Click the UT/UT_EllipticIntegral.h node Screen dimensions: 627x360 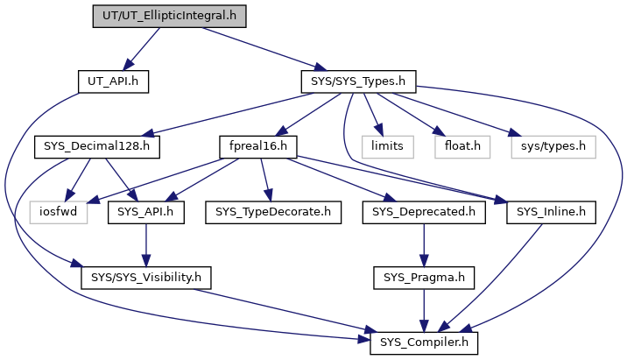tap(169, 17)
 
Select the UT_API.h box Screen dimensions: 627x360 tap(113, 81)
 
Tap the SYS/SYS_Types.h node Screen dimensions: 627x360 tap(358, 81)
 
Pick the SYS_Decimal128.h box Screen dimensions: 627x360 tap(97, 147)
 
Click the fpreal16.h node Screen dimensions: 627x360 tap(258, 147)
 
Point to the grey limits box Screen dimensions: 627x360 tap(387, 147)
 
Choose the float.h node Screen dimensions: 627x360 tap(462, 147)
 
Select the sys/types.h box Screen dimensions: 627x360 tap(553, 147)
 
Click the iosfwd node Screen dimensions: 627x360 tap(59, 212)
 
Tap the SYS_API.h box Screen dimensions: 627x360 tap(146, 212)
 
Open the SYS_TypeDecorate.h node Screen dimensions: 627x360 tap(273, 212)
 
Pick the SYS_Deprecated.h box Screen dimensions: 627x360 tap(424, 212)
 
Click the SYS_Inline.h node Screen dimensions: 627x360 tap(551, 212)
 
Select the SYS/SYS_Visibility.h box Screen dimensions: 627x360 tap(146, 278)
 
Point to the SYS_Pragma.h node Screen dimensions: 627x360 tap(424, 278)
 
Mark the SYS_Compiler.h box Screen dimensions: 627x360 tap(424, 342)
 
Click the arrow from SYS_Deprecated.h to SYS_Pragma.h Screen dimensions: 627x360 tap(424, 245)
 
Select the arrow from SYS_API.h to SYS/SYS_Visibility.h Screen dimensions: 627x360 tap(146, 245)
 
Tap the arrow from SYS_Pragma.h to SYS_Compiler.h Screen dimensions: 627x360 tap(424, 310)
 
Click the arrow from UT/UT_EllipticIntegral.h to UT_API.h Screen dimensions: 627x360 tap(141, 49)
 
